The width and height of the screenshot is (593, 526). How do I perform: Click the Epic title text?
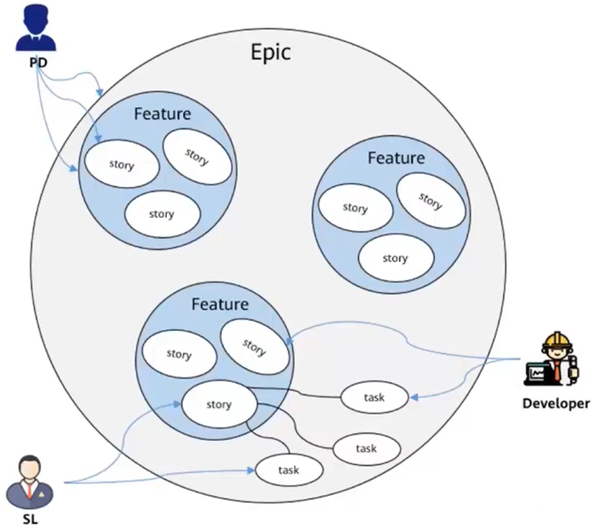pos(272,53)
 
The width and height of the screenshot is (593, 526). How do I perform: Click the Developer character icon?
pos(551,363)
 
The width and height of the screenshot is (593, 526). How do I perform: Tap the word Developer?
pos(555,404)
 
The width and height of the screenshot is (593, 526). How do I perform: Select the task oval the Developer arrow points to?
pos(374,397)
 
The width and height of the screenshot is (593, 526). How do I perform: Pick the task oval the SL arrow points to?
pos(288,470)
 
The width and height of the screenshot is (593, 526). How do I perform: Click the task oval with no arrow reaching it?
pos(366,448)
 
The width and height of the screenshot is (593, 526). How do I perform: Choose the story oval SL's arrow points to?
pos(219,404)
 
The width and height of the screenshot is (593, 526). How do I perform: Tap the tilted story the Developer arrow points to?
pos(254,347)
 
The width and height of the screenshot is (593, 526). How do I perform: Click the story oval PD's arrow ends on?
pos(122,165)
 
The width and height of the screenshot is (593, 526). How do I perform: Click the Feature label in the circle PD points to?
pos(162,113)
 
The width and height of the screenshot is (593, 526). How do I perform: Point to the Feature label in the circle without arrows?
pos(395,158)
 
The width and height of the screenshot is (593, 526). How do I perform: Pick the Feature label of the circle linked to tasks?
pos(219,305)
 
